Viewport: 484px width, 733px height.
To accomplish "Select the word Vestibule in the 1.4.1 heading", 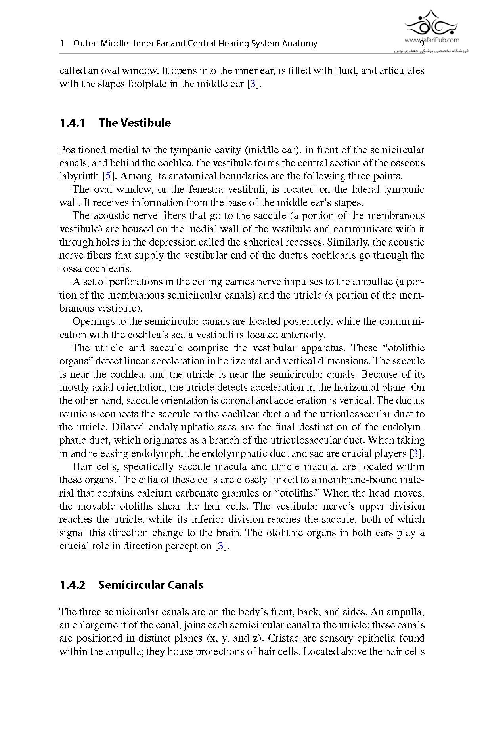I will coord(145,123).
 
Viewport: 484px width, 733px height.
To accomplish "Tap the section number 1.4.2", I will coord(72,585).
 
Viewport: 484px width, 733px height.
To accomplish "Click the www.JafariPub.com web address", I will coord(432,40).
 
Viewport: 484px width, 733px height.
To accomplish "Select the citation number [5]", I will coord(107,176).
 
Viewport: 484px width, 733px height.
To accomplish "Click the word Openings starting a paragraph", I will coord(92,322).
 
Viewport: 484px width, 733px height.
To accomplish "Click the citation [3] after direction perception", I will coord(222,546).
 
